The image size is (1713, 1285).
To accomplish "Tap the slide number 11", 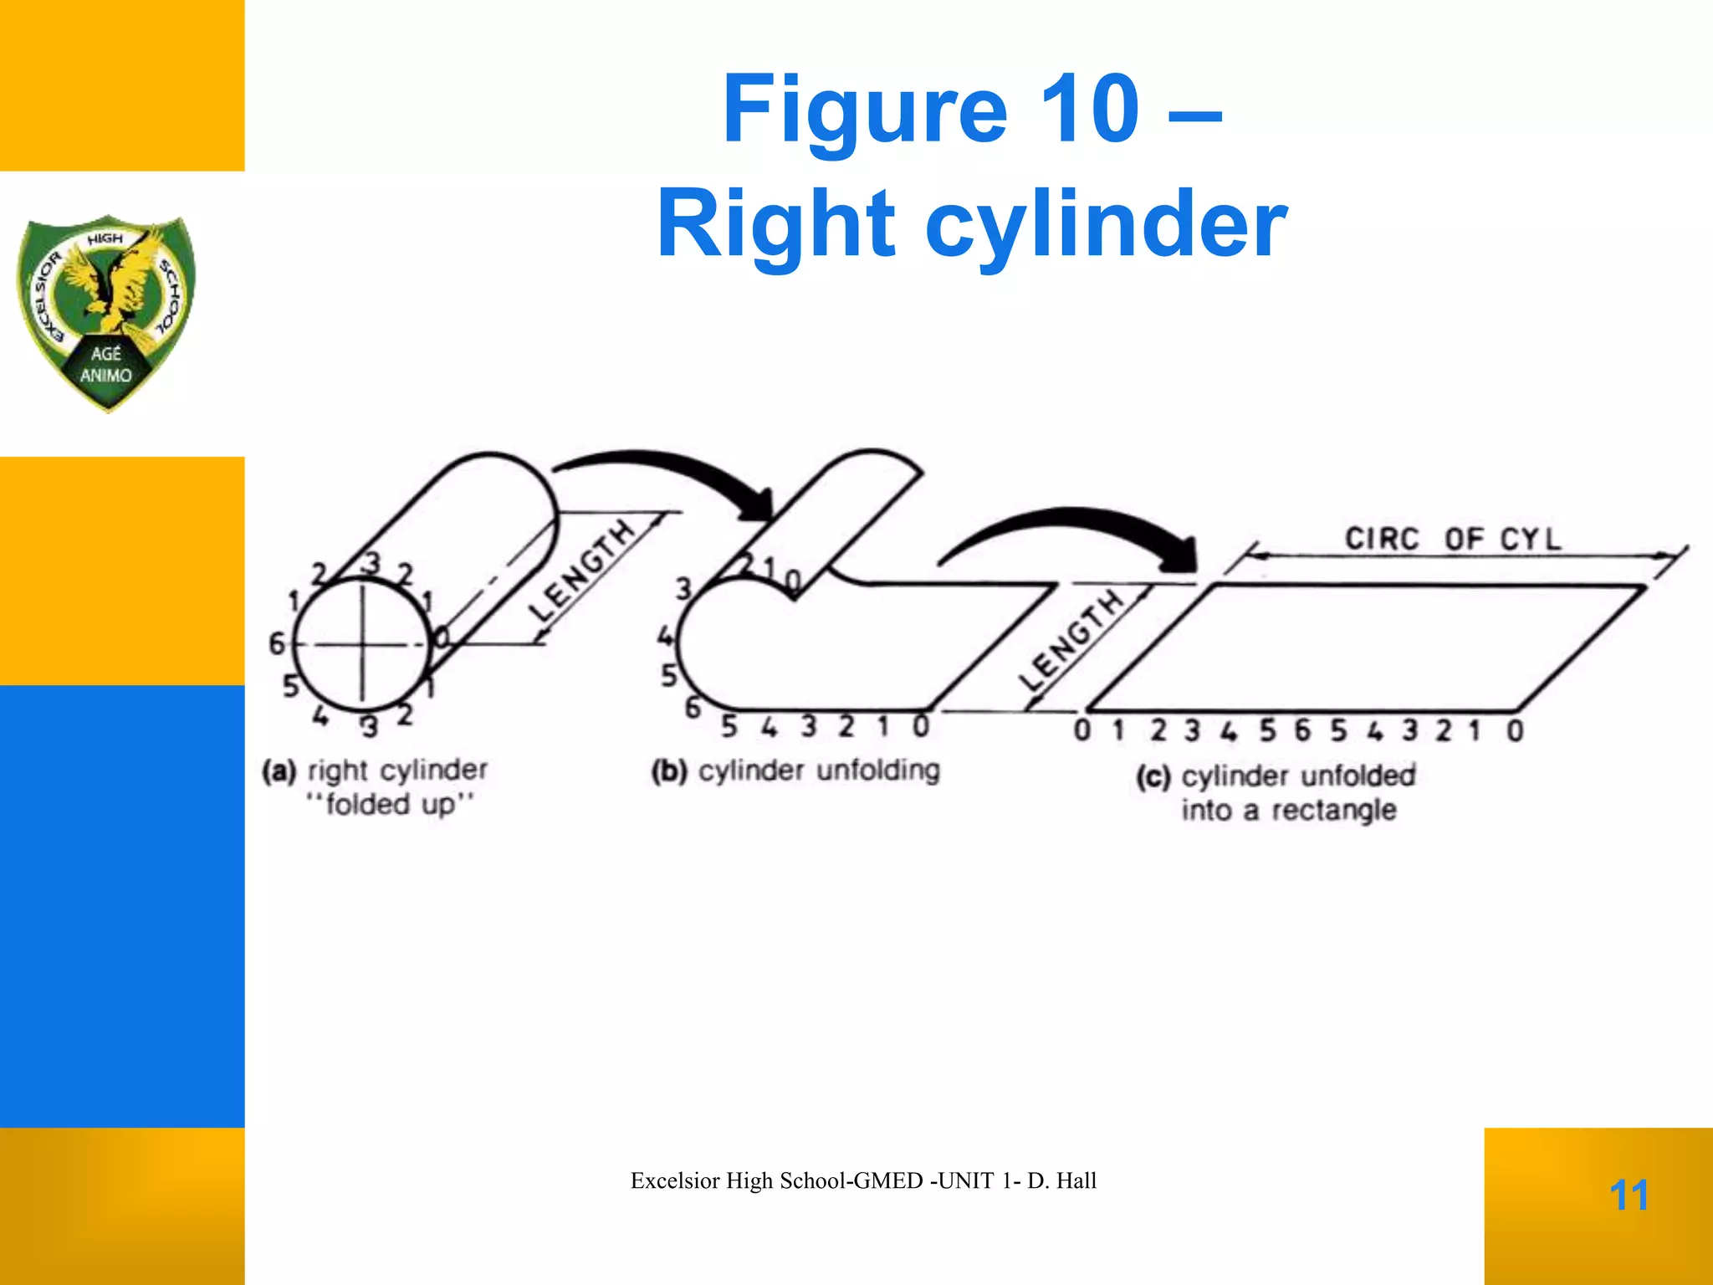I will point(1629,1195).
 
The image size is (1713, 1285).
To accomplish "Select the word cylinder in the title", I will point(1106,223).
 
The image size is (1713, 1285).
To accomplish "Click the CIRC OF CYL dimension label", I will point(1453,538).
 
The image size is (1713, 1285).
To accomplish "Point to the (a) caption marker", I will point(279,770).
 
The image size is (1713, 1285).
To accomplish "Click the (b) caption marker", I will point(669,770).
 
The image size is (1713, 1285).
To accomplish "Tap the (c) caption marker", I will point(1153,776).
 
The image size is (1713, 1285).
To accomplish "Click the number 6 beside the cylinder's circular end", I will point(276,643).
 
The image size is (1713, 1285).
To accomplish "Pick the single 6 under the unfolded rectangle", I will point(1302,730).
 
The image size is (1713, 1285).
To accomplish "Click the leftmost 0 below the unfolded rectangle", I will point(1082,730).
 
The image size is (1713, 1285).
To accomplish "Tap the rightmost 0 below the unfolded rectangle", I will point(1515,731).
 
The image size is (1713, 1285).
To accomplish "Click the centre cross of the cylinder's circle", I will point(362,644).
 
